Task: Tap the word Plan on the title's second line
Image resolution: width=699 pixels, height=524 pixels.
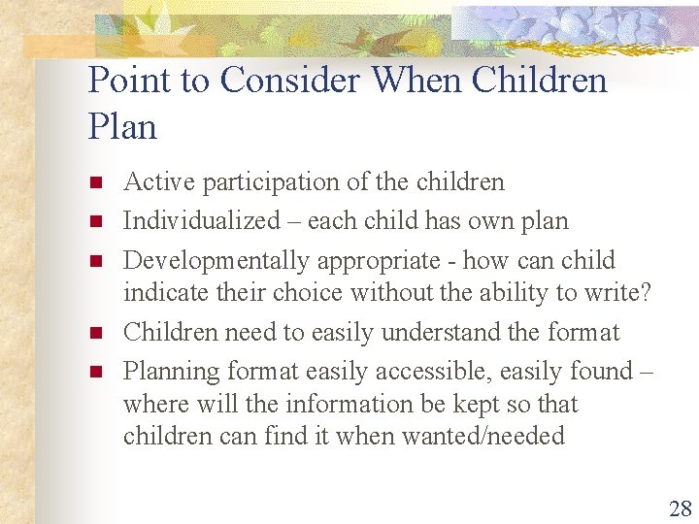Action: (122, 126)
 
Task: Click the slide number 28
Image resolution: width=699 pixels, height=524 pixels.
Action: (680, 508)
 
